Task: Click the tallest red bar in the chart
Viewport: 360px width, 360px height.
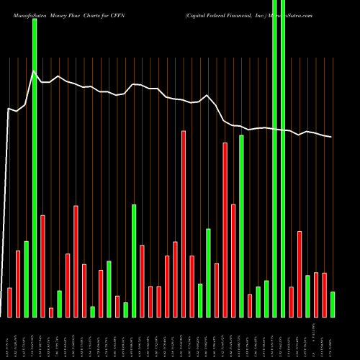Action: pyautogui.click(x=184, y=223)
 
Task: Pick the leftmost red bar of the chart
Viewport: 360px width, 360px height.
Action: pyautogui.click(x=10, y=302)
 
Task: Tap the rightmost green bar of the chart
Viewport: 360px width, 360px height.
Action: pyautogui.click(x=333, y=304)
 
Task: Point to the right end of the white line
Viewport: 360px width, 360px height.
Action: pyautogui.click(x=332, y=137)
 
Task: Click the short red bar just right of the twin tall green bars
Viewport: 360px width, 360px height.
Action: pyautogui.click(x=291, y=302)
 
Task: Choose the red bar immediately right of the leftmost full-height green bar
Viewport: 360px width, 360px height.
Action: pyautogui.click(x=42, y=266)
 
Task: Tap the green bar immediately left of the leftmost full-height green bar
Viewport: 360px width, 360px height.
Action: pyautogui.click(x=27, y=279)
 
